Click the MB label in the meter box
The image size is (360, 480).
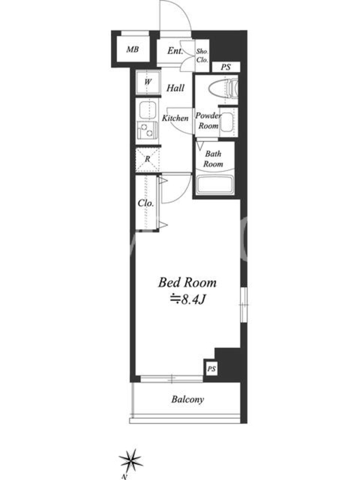[x=133, y=49]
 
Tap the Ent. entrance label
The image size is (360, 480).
[x=175, y=51]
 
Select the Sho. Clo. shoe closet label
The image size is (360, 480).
[x=202, y=56]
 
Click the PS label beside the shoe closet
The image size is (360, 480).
[x=226, y=67]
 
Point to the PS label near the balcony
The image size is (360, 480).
[x=212, y=369]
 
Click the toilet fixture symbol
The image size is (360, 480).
[x=223, y=89]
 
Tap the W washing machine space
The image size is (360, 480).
[x=148, y=82]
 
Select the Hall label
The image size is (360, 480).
[x=175, y=88]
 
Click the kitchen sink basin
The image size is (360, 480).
[x=148, y=110]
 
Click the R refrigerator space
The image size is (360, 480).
[x=148, y=159]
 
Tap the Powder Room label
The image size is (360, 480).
[x=208, y=121]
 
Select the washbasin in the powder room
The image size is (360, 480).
[x=227, y=122]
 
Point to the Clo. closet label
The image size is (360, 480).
[x=146, y=203]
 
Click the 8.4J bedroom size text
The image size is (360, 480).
[x=188, y=299]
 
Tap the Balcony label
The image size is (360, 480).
[x=187, y=399]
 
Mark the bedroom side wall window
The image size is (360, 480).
[x=244, y=305]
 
